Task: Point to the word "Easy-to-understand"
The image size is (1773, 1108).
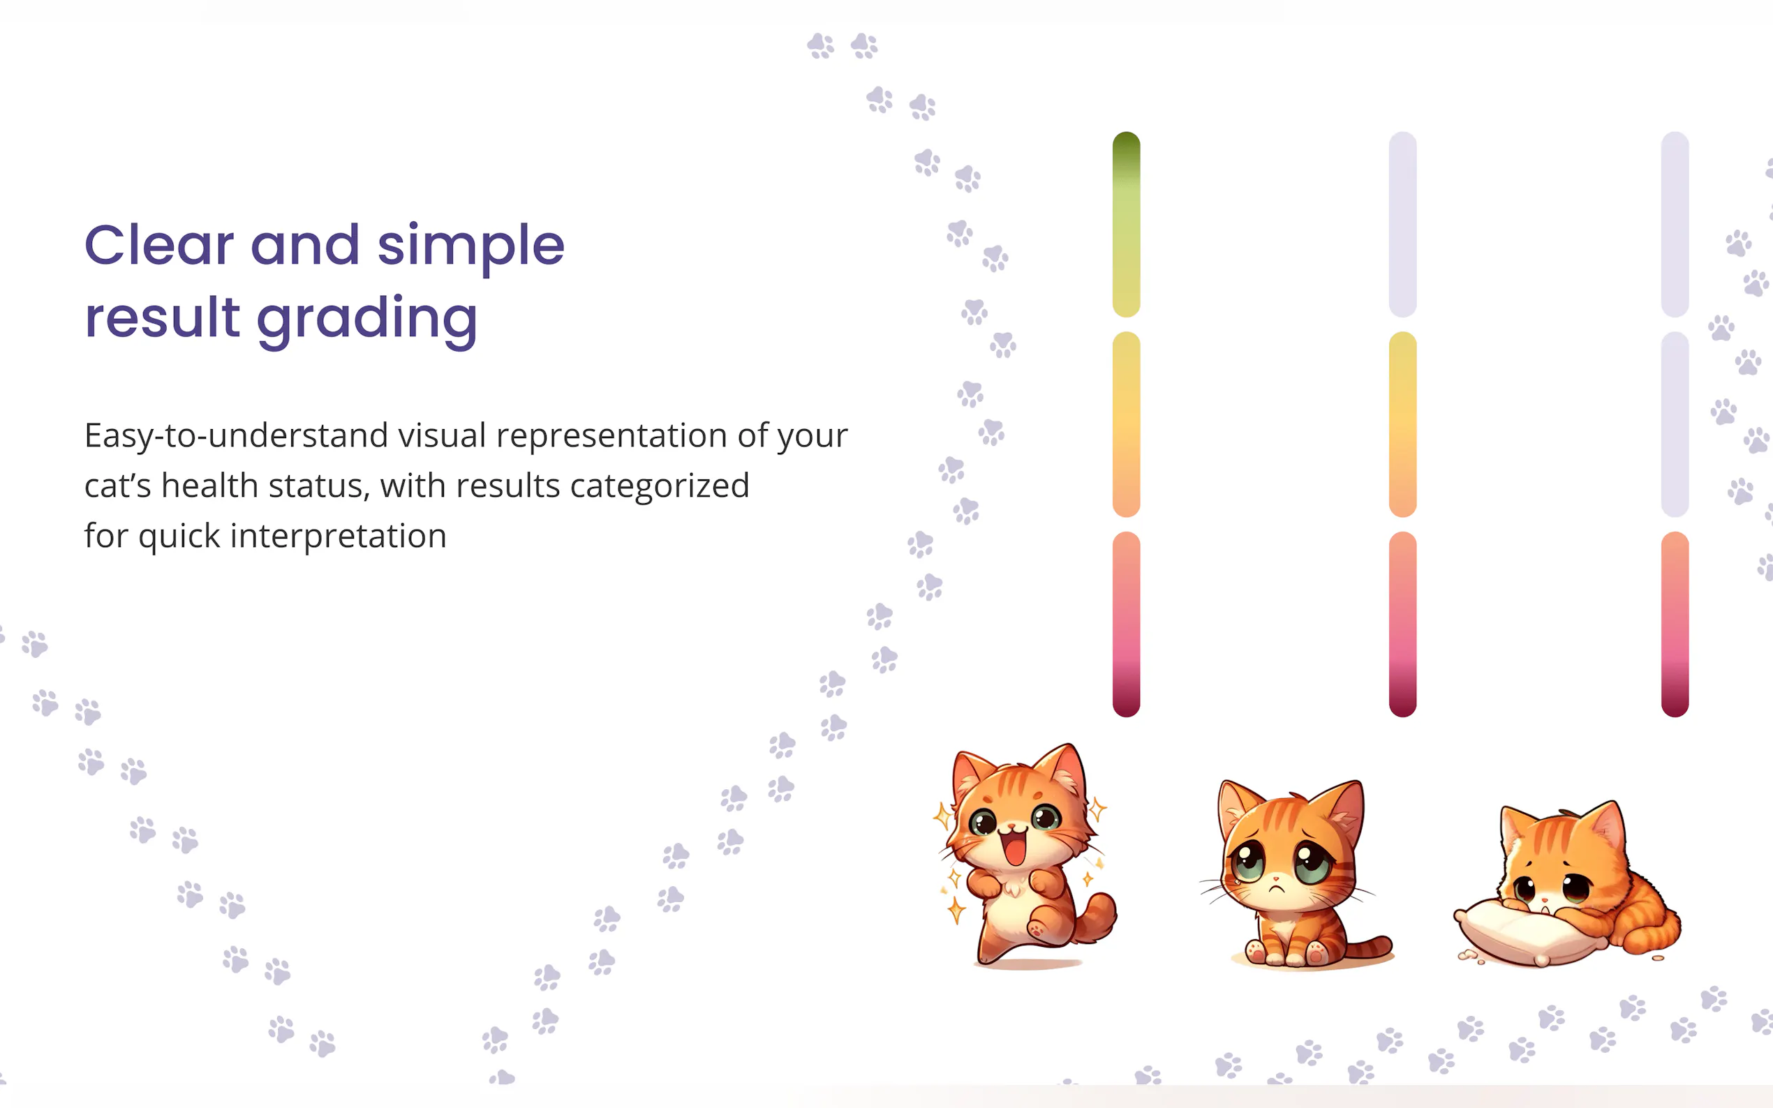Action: click(x=236, y=437)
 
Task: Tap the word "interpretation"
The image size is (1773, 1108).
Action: click(x=338, y=536)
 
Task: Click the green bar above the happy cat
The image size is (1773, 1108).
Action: click(x=1126, y=224)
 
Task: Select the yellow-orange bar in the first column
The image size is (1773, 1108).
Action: click(x=1126, y=424)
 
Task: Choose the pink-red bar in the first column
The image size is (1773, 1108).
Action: click(x=1126, y=624)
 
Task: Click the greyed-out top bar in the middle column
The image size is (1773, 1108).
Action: click(x=1402, y=224)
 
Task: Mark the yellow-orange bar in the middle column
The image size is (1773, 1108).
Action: click(x=1402, y=424)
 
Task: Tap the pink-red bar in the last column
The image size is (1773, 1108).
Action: click(x=1675, y=624)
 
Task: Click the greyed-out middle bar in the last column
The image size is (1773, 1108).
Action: click(x=1675, y=424)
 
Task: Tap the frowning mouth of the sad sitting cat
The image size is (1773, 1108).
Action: click(x=1277, y=888)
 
